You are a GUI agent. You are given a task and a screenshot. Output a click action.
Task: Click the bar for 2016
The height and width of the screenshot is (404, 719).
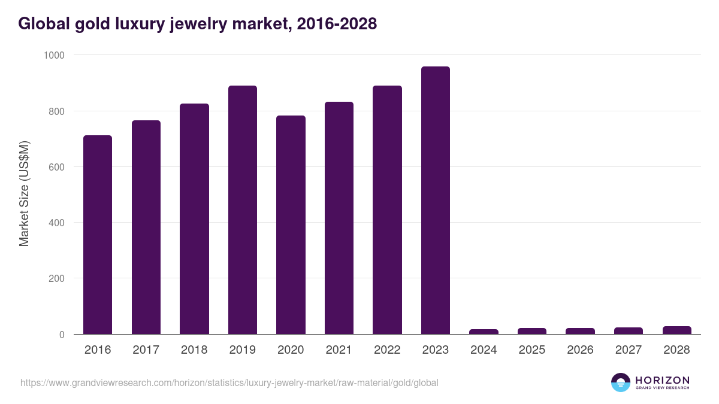pyautogui.click(x=98, y=235)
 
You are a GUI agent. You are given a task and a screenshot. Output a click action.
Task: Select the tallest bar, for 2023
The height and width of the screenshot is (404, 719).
pyautogui.click(x=436, y=201)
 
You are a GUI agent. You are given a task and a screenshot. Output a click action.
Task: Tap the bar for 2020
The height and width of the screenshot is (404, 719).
pyautogui.click(x=291, y=225)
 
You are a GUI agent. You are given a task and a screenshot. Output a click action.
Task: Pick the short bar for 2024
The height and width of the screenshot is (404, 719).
pyautogui.click(x=484, y=332)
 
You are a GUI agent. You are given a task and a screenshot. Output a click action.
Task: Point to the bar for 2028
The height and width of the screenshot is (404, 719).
pyautogui.click(x=676, y=330)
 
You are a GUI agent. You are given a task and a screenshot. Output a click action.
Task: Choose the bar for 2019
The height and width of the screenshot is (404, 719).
pyautogui.click(x=243, y=210)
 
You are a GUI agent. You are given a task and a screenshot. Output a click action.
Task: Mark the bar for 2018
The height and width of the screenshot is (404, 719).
pyautogui.click(x=194, y=219)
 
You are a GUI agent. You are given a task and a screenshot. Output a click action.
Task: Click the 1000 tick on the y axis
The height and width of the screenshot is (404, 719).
pyautogui.click(x=55, y=55)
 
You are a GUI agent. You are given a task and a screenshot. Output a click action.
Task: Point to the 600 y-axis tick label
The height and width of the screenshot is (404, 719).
pyautogui.click(x=57, y=167)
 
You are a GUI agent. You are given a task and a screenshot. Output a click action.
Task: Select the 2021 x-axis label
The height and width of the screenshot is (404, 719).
pyautogui.click(x=339, y=350)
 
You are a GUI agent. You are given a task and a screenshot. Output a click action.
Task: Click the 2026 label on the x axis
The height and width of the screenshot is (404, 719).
pyautogui.click(x=580, y=350)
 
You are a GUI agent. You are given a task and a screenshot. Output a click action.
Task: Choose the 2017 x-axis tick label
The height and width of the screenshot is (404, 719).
pyautogui.click(x=146, y=350)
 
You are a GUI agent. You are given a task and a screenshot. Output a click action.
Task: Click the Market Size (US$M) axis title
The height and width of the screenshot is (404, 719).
pyautogui.click(x=24, y=194)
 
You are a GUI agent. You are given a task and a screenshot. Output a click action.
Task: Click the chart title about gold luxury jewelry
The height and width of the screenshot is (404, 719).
pyautogui.click(x=197, y=23)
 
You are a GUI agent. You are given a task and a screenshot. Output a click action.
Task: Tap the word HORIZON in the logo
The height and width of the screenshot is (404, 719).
pyautogui.click(x=662, y=380)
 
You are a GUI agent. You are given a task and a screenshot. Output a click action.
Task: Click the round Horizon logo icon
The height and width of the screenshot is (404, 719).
pyautogui.click(x=621, y=382)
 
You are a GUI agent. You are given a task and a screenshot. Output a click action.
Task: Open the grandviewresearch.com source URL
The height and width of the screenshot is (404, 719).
pyautogui.click(x=229, y=382)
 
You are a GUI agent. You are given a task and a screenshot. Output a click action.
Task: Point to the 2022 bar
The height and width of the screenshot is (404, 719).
pyautogui.click(x=387, y=210)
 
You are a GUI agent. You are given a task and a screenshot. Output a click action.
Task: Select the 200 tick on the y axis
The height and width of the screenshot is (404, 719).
pyautogui.click(x=57, y=278)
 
